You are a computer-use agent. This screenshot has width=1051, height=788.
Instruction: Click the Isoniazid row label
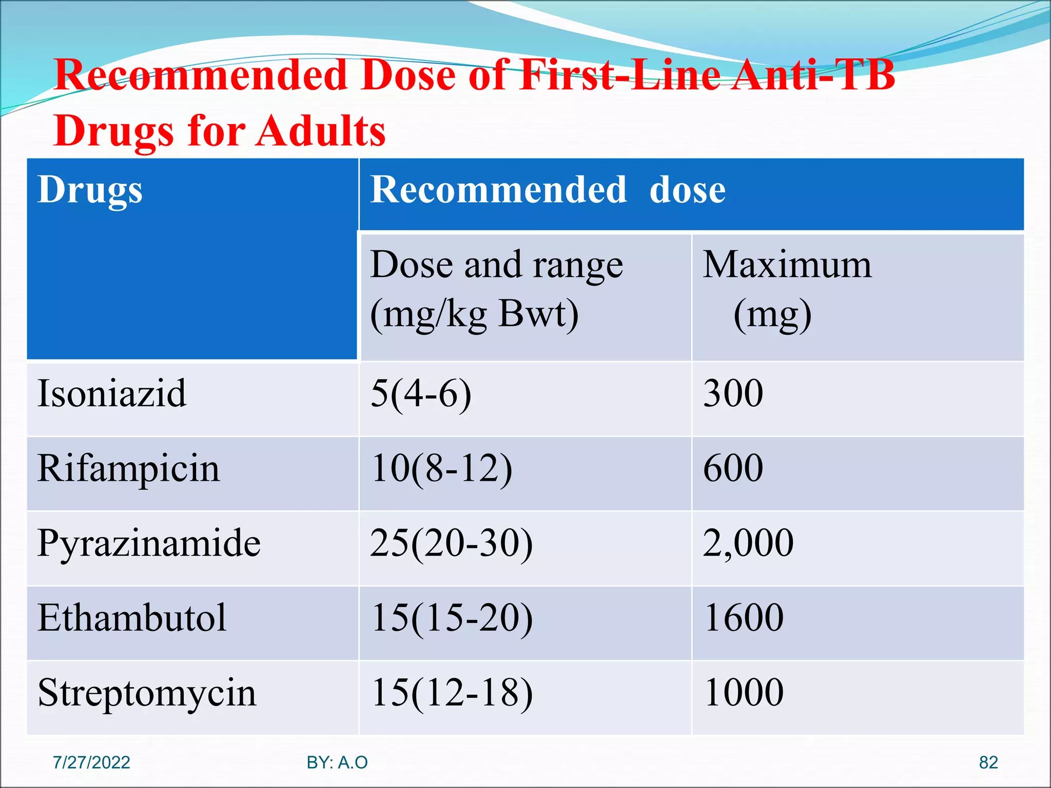(x=112, y=393)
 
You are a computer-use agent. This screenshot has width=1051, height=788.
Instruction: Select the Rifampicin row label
(x=129, y=468)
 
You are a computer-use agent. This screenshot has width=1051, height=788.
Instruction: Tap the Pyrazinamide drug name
(x=149, y=543)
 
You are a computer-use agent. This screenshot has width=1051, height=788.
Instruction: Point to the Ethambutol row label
(x=132, y=618)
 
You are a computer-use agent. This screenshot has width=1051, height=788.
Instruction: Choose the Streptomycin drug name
(x=147, y=693)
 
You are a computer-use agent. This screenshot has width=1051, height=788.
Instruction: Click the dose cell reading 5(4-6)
(x=421, y=393)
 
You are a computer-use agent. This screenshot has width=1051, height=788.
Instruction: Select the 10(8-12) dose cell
(x=441, y=468)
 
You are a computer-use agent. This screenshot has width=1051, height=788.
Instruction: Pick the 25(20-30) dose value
(x=452, y=543)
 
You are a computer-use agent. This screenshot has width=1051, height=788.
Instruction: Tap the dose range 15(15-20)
(x=452, y=618)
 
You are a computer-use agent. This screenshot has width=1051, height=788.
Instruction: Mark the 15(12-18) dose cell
(x=452, y=693)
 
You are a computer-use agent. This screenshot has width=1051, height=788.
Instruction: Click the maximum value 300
(x=733, y=393)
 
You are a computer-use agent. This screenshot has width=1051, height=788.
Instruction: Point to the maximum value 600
(x=733, y=468)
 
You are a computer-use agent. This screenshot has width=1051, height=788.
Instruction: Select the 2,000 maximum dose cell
(x=748, y=543)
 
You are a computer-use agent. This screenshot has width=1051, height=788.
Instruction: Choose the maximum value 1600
(x=744, y=618)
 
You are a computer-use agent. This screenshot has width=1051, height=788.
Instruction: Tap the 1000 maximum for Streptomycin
(x=744, y=693)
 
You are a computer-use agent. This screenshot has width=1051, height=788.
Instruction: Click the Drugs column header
(x=90, y=190)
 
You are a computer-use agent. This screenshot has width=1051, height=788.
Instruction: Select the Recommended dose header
(x=548, y=190)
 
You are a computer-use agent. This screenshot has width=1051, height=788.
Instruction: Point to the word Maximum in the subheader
(x=787, y=265)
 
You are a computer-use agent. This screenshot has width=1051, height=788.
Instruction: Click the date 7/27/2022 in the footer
(x=91, y=762)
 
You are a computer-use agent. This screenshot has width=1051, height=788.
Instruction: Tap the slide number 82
(x=988, y=762)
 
